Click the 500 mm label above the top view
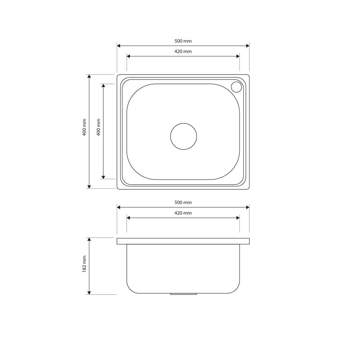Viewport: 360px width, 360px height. point(183,41)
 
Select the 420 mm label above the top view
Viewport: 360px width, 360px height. point(183,51)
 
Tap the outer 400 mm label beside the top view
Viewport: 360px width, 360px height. point(84,127)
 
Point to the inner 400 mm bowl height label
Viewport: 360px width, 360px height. point(99,127)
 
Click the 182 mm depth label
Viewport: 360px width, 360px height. point(84,264)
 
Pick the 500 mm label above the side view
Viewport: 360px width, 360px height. point(183,202)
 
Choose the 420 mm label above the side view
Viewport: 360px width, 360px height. point(183,213)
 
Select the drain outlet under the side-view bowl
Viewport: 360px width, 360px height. point(184,294)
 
